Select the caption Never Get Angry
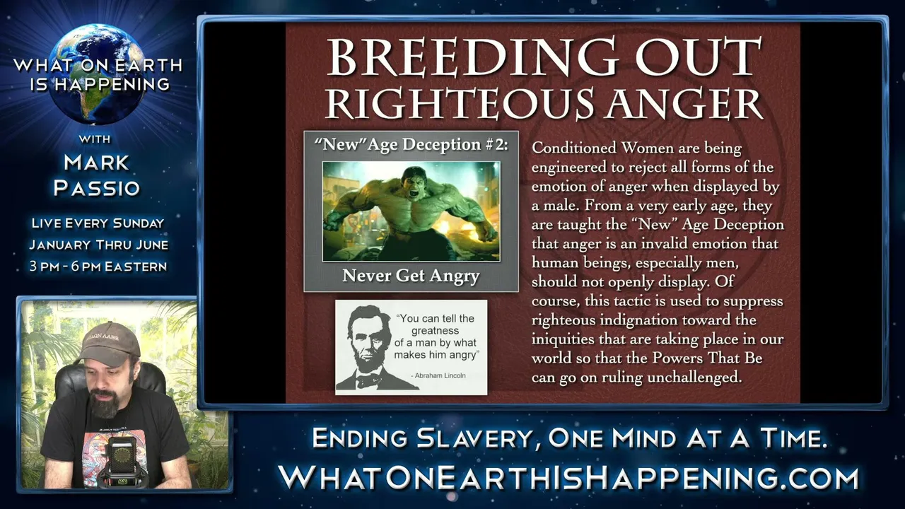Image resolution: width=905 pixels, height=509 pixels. point(411,276)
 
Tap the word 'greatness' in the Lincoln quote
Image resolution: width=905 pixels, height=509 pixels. point(435,331)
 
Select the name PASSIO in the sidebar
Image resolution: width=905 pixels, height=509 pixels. point(97,188)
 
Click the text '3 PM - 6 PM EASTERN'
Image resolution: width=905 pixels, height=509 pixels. point(98,267)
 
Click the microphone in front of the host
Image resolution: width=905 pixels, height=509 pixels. point(121,460)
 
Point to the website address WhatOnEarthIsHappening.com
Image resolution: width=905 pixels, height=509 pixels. point(568,478)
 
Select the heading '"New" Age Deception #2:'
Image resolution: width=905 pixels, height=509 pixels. point(411,145)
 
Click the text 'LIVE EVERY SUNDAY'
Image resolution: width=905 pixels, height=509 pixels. point(98,223)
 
